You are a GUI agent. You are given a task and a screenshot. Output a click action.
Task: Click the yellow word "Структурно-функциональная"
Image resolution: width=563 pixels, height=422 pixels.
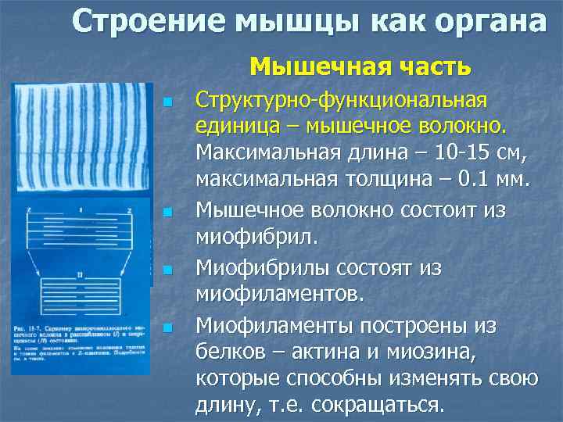(x=341, y=101)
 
